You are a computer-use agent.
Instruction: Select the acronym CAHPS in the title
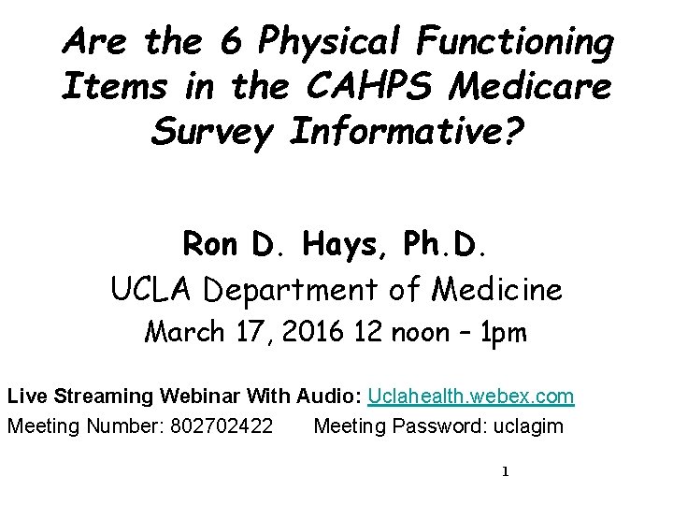(370, 87)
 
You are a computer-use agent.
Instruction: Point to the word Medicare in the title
(531, 87)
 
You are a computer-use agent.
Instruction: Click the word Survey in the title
(211, 133)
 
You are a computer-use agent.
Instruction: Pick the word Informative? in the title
(408, 133)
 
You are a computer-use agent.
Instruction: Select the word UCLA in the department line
(154, 290)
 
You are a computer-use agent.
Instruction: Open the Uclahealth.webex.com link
(471, 397)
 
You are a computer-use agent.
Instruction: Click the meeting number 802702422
(222, 427)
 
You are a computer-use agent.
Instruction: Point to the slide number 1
(505, 471)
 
